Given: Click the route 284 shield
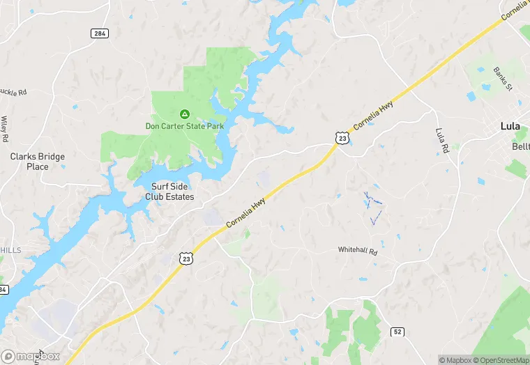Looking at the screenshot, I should [x=98, y=33].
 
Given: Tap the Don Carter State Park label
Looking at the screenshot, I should [x=185, y=126].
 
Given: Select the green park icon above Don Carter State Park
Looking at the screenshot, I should [x=185, y=114].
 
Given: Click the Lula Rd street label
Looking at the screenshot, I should [x=441, y=141].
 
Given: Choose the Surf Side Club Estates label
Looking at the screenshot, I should [x=169, y=192].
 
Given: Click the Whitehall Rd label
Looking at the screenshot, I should [x=357, y=250].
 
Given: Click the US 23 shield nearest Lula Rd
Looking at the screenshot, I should [x=341, y=138].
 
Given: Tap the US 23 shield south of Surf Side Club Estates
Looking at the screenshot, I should [x=186, y=258].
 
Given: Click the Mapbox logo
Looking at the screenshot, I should [x=31, y=355].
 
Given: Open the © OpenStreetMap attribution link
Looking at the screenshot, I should [x=500, y=360].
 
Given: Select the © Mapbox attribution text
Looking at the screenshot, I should [x=455, y=360].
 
